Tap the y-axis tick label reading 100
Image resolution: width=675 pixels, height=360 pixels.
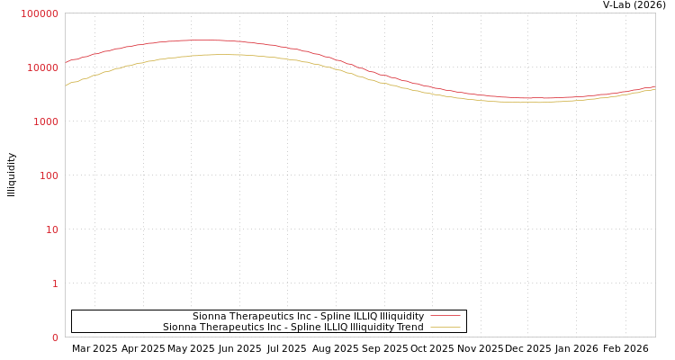click(49, 175)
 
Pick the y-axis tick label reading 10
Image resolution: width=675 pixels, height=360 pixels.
click(52, 229)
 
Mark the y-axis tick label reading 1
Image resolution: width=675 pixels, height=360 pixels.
click(55, 283)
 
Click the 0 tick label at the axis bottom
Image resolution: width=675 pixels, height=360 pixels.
click(55, 337)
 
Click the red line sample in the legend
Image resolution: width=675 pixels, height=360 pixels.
click(445, 316)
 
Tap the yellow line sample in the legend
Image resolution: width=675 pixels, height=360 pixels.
click(445, 327)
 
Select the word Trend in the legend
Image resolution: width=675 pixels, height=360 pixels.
click(409, 327)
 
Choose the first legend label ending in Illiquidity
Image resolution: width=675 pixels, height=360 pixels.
click(308, 316)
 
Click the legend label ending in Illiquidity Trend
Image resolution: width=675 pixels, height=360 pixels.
click(292, 327)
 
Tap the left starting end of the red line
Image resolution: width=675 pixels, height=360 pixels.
click(66, 63)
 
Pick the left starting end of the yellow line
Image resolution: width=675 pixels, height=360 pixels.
click(66, 86)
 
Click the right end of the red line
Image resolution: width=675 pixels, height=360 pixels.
click(654, 86)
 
